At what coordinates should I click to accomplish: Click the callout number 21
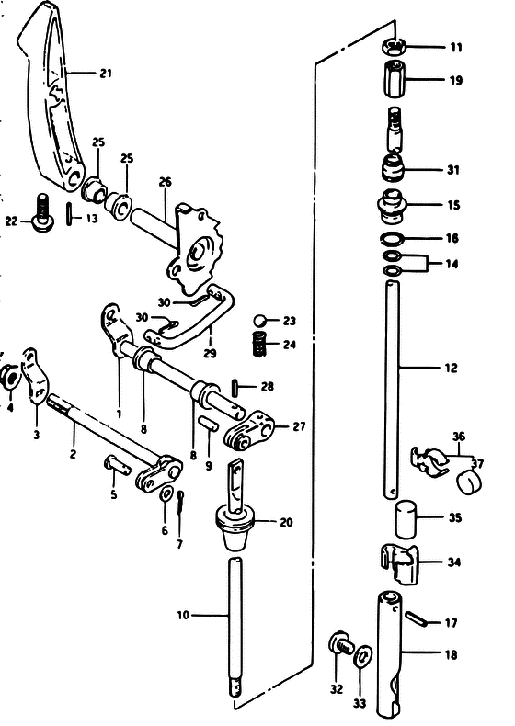click(x=106, y=74)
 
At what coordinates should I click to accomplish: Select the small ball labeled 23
click(x=260, y=321)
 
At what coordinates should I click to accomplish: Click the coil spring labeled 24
click(x=259, y=345)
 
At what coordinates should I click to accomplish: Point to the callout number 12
click(x=451, y=369)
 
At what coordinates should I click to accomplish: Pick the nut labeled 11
click(x=395, y=46)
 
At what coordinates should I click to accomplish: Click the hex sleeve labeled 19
click(x=395, y=79)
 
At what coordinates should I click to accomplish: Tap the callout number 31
click(x=452, y=170)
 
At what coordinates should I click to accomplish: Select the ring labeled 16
click(x=392, y=239)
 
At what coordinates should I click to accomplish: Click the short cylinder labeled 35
click(x=406, y=518)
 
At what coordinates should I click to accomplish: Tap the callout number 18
click(x=451, y=654)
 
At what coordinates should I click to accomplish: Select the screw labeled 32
click(x=341, y=643)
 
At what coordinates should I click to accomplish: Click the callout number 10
click(x=183, y=616)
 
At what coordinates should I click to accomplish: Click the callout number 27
click(x=299, y=426)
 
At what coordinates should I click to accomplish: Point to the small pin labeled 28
click(x=235, y=387)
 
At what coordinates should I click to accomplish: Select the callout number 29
click(x=210, y=354)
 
